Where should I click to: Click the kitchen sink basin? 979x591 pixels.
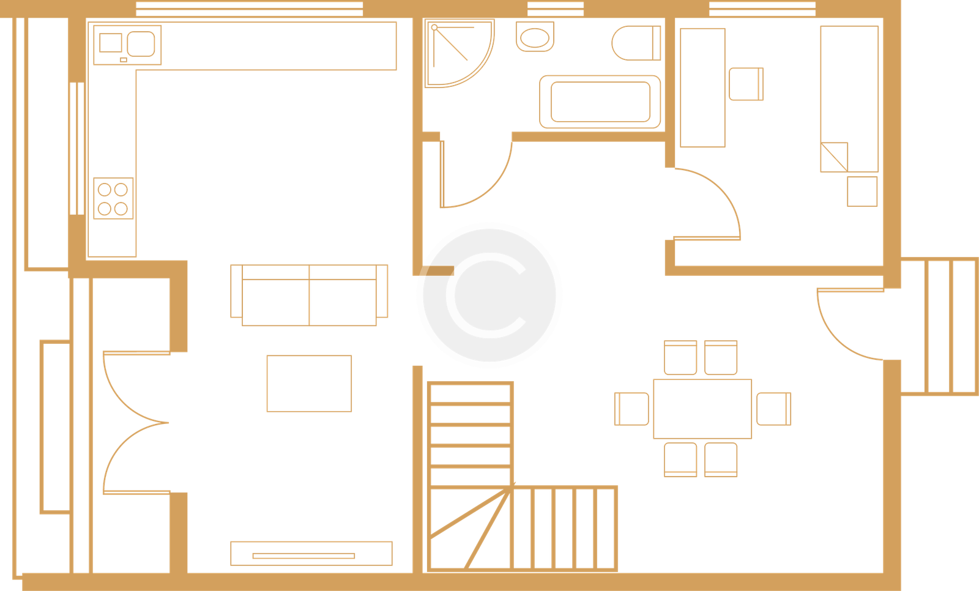click(141, 43)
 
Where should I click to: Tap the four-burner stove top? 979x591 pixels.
click(113, 198)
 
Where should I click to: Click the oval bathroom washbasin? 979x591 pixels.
click(535, 37)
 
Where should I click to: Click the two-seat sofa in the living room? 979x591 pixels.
click(309, 295)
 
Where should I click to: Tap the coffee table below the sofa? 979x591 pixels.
click(309, 384)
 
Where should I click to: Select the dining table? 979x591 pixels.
click(702, 408)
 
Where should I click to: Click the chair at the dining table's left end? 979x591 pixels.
click(631, 409)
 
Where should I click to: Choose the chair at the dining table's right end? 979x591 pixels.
click(774, 409)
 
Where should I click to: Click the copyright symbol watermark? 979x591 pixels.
click(489, 295)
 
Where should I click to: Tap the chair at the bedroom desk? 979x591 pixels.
click(746, 84)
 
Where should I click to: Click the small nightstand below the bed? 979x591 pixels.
click(862, 191)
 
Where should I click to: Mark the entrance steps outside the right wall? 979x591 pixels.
click(939, 326)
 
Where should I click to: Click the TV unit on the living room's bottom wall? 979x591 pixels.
click(311, 554)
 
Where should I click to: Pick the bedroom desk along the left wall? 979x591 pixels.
click(703, 87)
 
